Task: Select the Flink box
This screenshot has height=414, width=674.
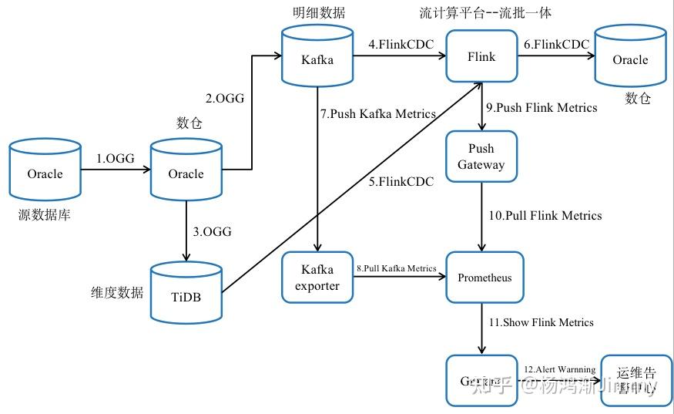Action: (x=481, y=56)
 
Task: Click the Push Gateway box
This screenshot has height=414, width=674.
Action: (x=481, y=157)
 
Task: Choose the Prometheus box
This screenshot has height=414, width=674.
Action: (x=485, y=278)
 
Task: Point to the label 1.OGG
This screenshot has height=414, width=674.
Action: (x=116, y=159)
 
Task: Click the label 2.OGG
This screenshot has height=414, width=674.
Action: (x=224, y=98)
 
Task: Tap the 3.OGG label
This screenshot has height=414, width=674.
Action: (x=213, y=231)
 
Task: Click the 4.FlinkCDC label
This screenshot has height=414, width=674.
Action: (x=397, y=44)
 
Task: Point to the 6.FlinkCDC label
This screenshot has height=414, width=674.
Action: (x=555, y=44)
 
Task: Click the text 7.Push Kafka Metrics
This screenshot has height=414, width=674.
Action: (x=378, y=114)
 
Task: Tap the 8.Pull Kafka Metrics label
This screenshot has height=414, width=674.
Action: (x=396, y=268)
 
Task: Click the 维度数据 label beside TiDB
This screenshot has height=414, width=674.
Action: (x=116, y=292)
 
